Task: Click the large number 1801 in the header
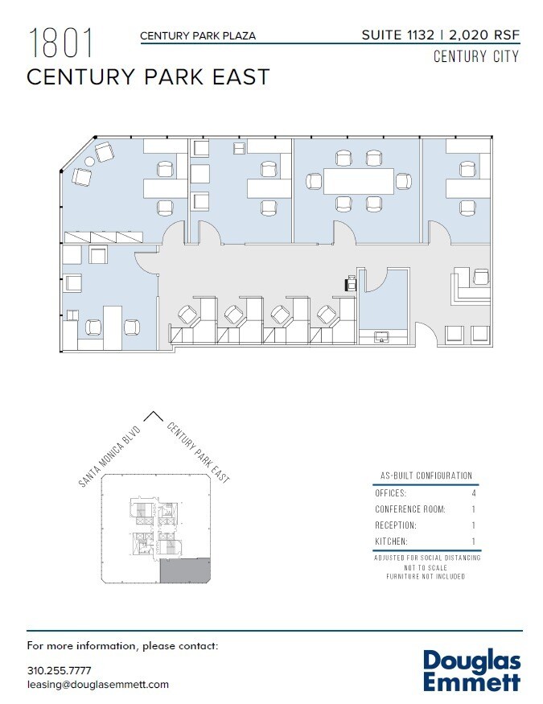point(61,43)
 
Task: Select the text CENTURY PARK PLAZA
point(198,35)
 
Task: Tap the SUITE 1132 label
point(397,35)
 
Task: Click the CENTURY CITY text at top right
point(475,56)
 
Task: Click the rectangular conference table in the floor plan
point(358,180)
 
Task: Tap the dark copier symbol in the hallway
point(352,283)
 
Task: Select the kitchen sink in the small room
point(382,338)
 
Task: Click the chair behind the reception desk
point(480,278)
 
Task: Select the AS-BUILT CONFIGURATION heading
point(426,476)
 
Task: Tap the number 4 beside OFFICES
point(474,492)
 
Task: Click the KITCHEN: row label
point(392,541)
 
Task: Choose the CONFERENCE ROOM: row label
point(409,508)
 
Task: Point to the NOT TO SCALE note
point(426,567)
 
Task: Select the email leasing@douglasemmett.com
point(97,684)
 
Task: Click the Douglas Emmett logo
point(471,671)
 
